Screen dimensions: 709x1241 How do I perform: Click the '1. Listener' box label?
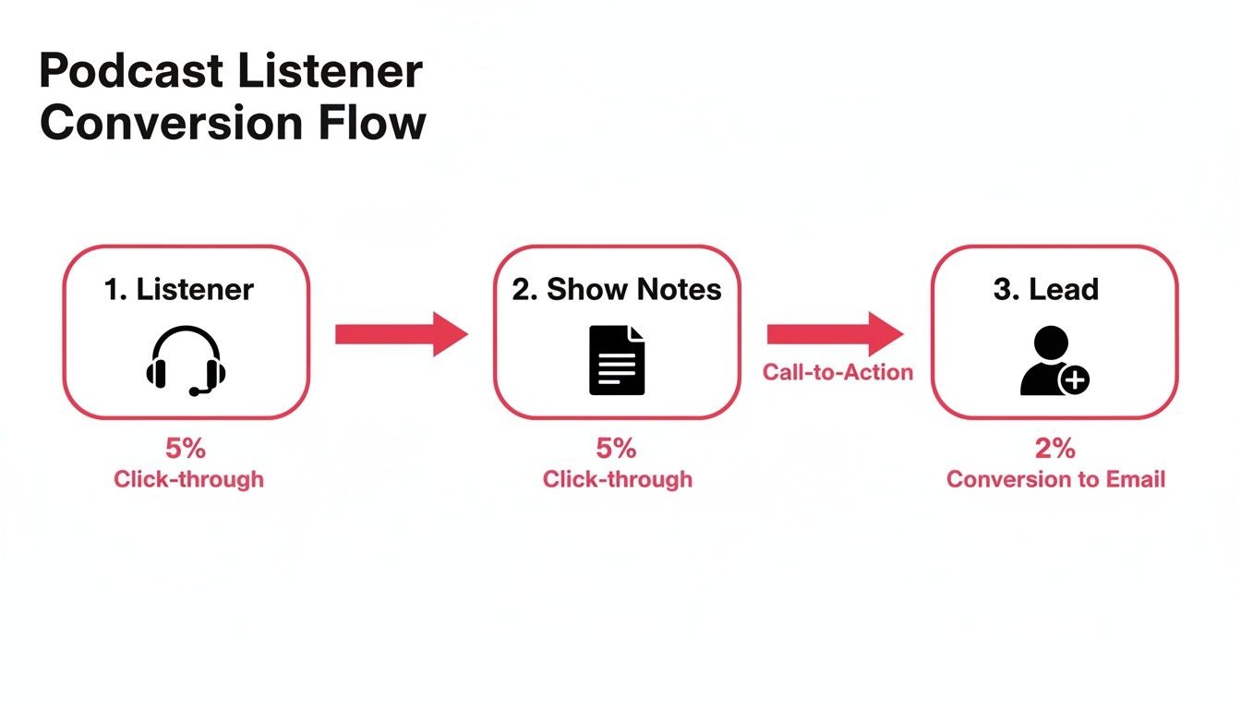(x=179, y=290)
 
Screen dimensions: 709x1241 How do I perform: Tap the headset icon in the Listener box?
(x=186, y=360)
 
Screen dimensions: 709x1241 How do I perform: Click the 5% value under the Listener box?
(x=186, y=449)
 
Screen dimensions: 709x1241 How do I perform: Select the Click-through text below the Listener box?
(x=188, y=479)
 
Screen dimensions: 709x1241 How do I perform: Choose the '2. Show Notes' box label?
(x=617, y=290)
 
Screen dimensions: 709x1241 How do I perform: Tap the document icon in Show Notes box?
(x=617, y=360)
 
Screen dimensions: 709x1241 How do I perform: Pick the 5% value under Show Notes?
(x=616, y=449)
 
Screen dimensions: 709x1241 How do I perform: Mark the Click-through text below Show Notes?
(x=617, y=479)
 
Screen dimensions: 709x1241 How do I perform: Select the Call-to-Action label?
(x=837, y=372)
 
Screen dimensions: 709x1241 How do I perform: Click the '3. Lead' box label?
(x=1046, y=290)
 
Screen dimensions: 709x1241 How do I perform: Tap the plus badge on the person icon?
(x=1074, y=379)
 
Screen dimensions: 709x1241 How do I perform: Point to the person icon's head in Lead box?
(x=1051, y=344)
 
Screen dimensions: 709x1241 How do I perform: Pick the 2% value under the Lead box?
(x=1054, y=449)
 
